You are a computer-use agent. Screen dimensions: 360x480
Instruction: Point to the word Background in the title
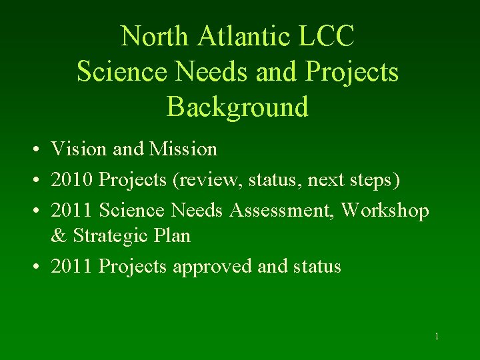[237, 107]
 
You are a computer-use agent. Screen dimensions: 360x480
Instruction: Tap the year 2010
[71, 179]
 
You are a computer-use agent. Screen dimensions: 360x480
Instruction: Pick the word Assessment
[282, 210]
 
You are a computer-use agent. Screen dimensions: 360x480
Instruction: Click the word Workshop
[385, 210]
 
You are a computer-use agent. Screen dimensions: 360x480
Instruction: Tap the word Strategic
[109, 236]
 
